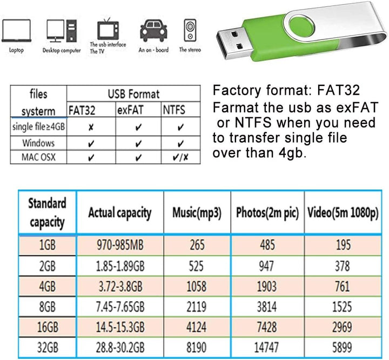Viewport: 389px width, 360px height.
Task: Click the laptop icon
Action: pyautogui.click(x=16, y=30)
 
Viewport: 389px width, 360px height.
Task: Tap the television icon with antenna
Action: pyautogui.click(x=108, y=29)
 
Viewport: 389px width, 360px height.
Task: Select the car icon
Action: pyautogui.click(x=153, y=30)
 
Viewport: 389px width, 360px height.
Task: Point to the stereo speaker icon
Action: pyautogui.click(x=190, y=30)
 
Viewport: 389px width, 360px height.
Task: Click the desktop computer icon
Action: pyautogui.click(x=62, y=31)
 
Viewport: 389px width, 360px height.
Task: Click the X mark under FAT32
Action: pyautogui.click(x=91, y=128)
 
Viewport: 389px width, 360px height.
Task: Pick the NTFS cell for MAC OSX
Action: pyautogui.click(x=180, y=157)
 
